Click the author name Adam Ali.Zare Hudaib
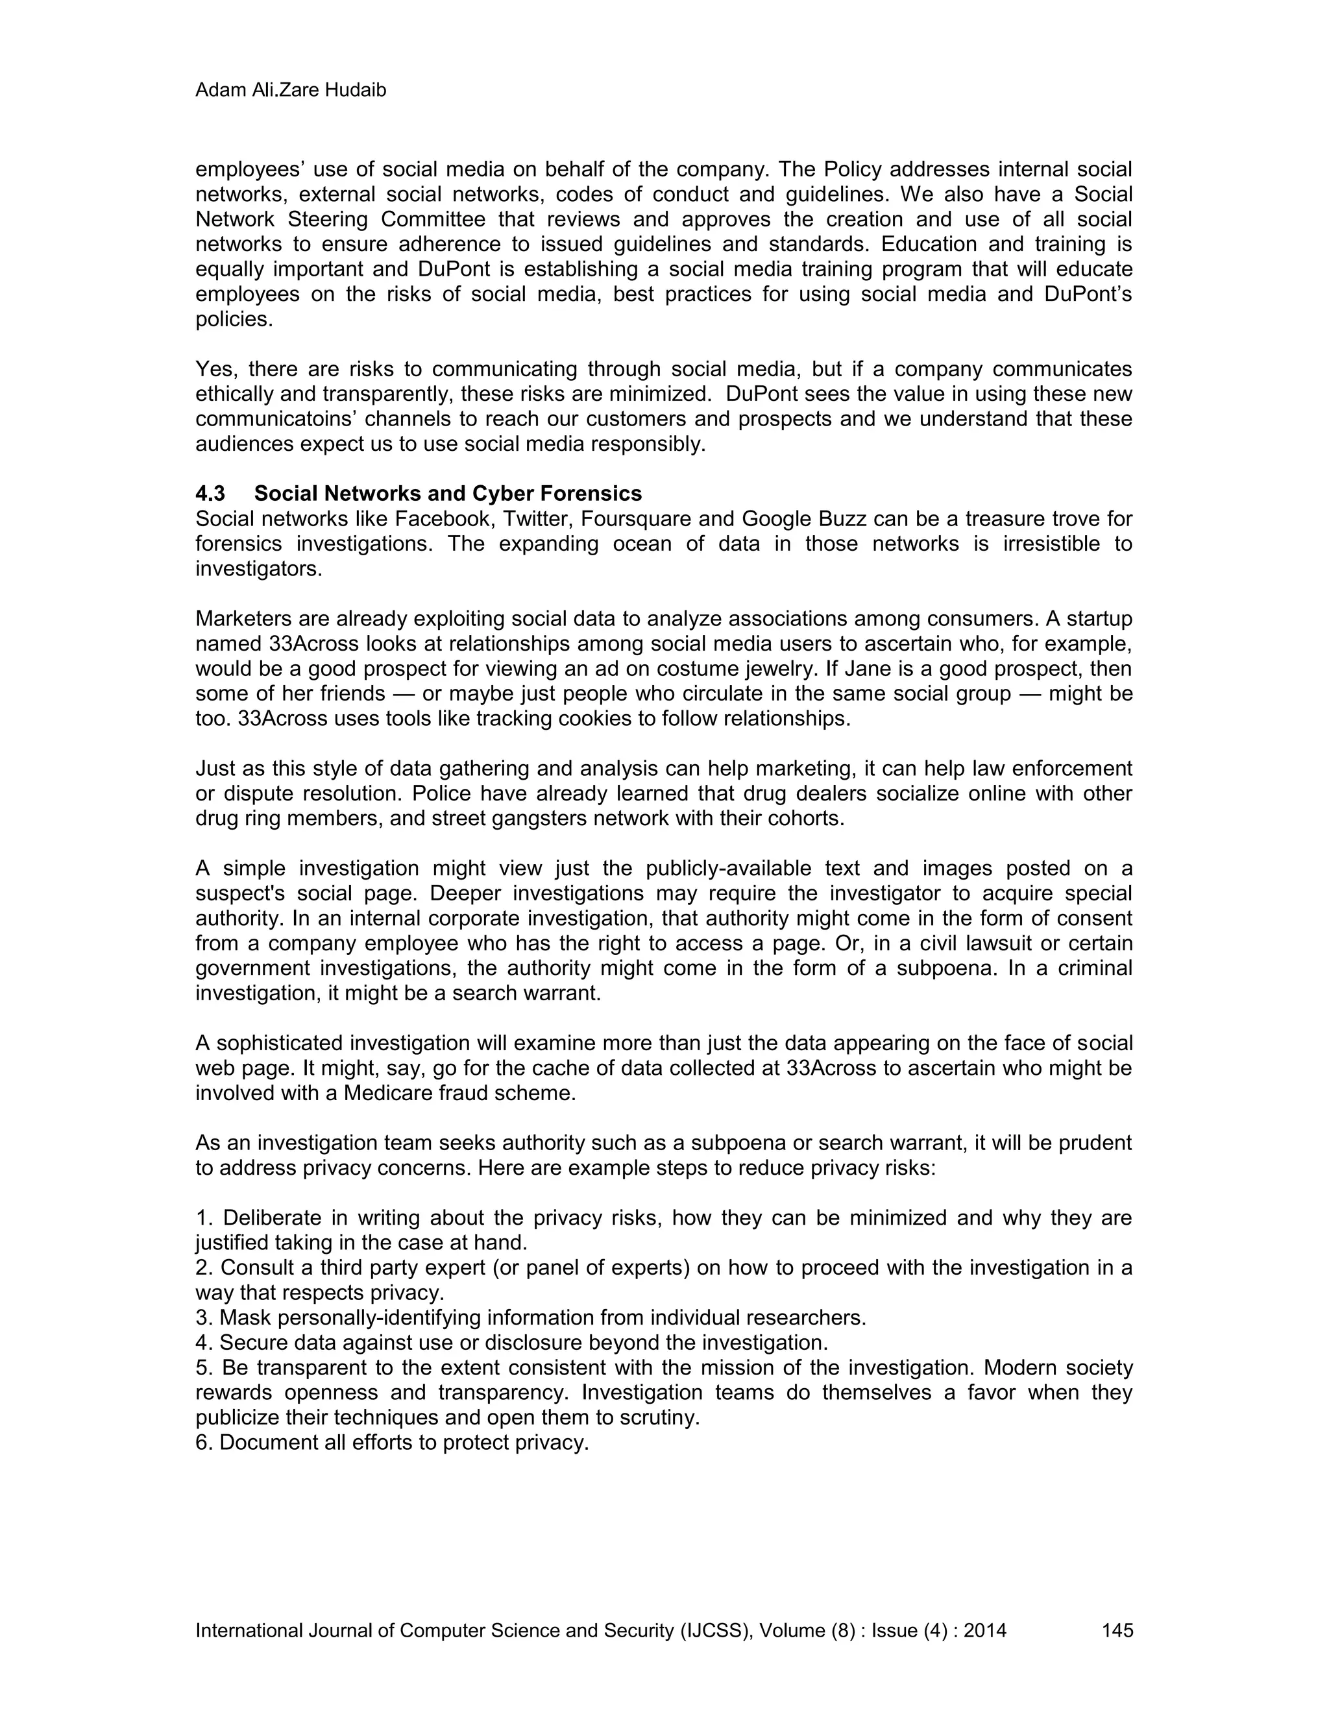tap(291, 91)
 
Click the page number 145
tap(1117, 1629)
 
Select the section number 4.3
tap(210, 494)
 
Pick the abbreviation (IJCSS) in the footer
tap(713, 1629)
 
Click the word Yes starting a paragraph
tap(214, 369)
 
